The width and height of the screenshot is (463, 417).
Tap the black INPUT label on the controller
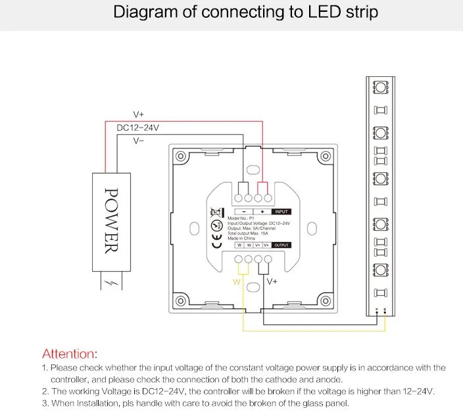[281, 212]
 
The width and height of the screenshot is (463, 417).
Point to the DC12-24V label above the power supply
[137, 128]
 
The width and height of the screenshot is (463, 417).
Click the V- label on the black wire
[139, 140]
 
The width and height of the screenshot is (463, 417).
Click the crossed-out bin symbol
[214, 211]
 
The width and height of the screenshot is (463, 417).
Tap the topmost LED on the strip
[379, 87]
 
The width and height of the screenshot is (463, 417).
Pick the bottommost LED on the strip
[379, 269]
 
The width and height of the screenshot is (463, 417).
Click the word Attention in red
[70, 354]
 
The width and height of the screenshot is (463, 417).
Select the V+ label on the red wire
[138, 114]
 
